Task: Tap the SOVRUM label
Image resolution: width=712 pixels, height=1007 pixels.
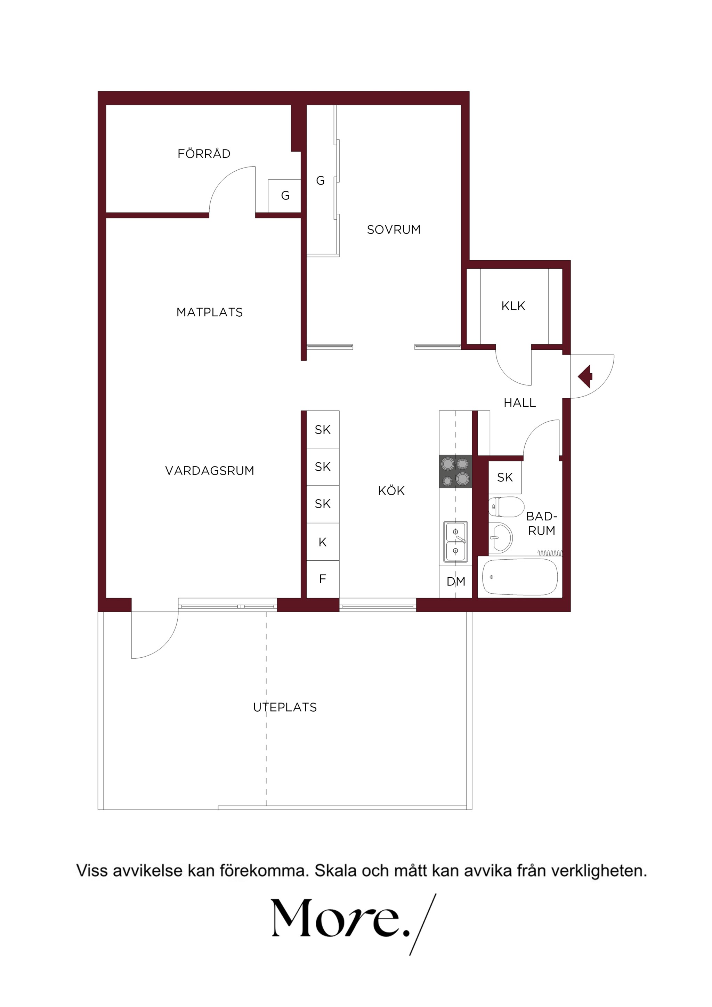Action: pos(394,229)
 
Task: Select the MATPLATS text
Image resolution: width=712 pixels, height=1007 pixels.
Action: pos(209,312)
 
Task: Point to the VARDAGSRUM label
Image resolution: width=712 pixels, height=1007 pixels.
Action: pos(209,471)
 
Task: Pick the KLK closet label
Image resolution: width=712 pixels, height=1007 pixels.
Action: pos(513,306)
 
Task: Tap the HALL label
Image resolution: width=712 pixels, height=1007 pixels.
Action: pos(519,403)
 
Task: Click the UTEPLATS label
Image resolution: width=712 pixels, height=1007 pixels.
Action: pos(285,707)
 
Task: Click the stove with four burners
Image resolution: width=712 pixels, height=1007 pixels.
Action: pos(455,471)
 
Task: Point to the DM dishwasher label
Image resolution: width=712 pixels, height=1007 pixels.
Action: pos(456,582)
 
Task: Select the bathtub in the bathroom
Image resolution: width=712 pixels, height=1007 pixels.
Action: pos(520,577)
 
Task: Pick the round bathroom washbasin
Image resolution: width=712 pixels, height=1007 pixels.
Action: pos(501,538)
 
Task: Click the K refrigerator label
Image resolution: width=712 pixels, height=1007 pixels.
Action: pos(322,543)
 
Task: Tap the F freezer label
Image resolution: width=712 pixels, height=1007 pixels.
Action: pos(322,579)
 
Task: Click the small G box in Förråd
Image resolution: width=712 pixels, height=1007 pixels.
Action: pos(285,196)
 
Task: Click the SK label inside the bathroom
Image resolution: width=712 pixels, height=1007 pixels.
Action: pos(505,477)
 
